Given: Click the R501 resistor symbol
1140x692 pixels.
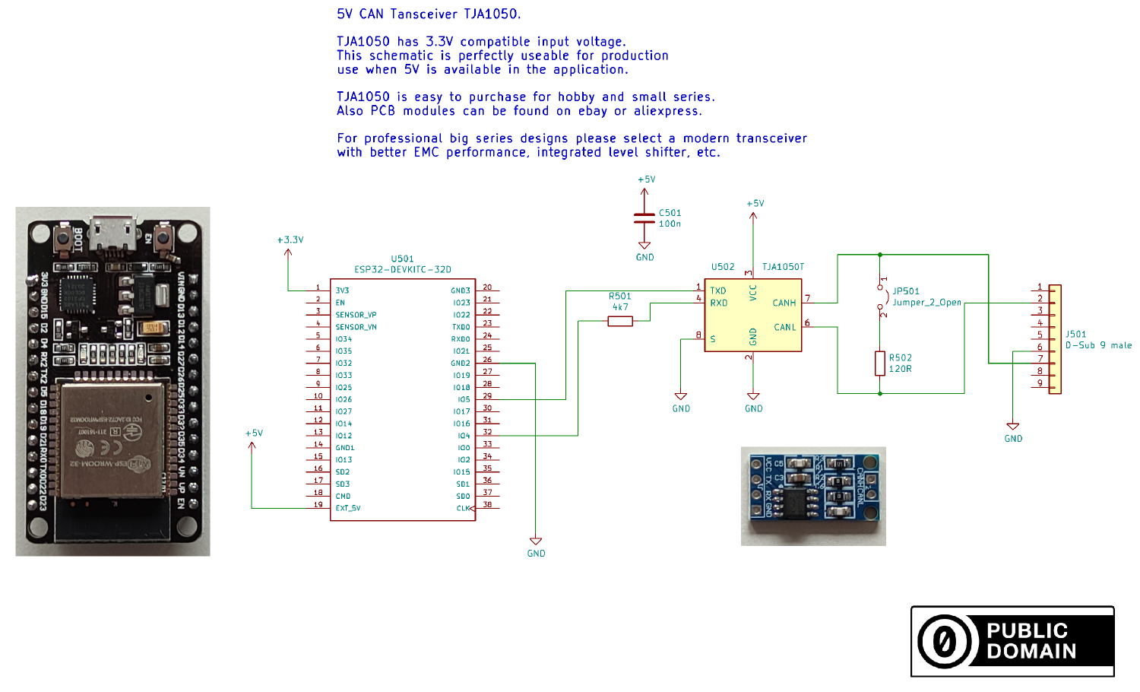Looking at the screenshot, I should [620, 322].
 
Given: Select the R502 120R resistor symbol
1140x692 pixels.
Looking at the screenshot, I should [880, 363].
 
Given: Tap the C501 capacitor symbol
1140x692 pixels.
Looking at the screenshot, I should [644, 217].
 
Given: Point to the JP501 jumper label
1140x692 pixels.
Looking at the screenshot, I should [906, 291].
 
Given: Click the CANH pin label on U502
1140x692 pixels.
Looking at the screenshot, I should [784, 303].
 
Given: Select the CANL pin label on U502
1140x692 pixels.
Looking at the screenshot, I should [784, 328].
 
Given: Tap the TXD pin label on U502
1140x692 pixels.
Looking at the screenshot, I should [718, 290].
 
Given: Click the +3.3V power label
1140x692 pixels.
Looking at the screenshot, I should [290, 240].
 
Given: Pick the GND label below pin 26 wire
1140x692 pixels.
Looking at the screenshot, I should [536, 554].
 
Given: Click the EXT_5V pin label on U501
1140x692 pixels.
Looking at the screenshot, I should [348, 508].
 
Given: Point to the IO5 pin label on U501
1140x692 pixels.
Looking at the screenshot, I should [464, 399].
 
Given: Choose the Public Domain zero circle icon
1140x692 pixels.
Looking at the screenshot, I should [945, 641].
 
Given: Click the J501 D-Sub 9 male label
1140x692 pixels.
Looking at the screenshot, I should [1098, 340].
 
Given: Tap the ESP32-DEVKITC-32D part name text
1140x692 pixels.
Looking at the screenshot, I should [403, 270].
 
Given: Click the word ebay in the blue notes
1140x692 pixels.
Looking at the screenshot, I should [593, 111].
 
